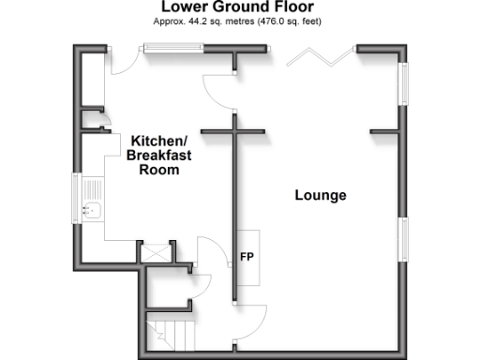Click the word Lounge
click(x=321, y=196)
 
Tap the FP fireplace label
click(x=247, y=255)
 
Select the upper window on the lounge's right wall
click(x=404, y=84)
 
